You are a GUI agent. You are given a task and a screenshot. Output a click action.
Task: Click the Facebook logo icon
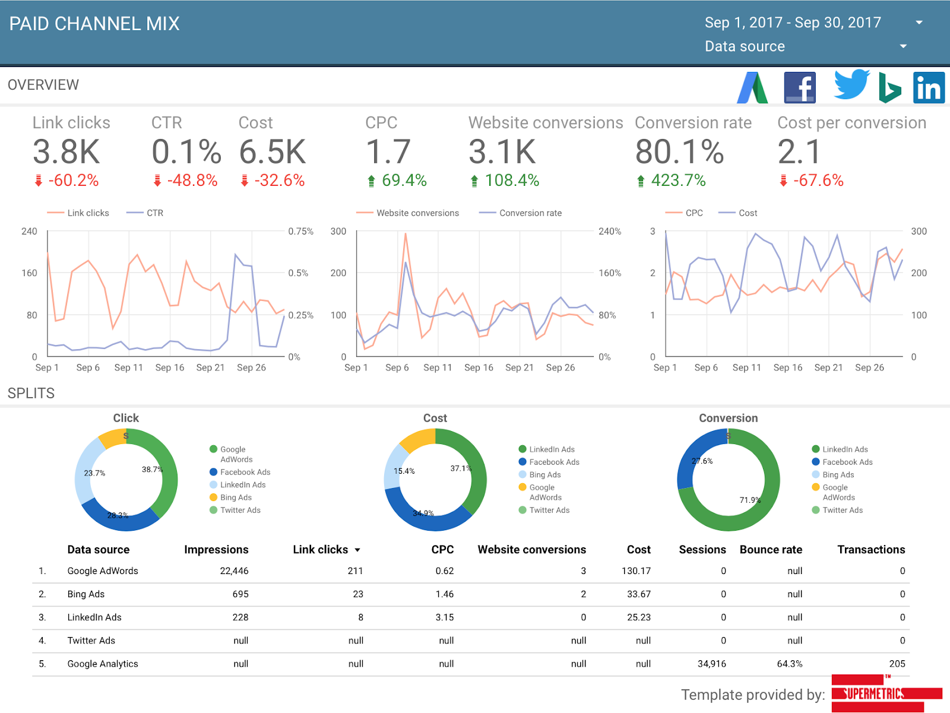pos(800,87)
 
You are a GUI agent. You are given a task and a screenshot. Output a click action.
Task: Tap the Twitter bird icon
pos(851,84)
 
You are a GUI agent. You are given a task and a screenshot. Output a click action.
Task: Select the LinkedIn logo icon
pos(929,87)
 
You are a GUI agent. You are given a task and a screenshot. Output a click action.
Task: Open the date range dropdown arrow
pos(919,22)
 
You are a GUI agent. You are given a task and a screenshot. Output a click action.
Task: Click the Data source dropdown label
pos(745,46)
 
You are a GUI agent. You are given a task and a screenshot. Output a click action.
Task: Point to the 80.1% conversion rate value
pos(679,152)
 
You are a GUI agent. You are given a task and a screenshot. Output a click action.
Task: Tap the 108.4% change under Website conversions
pos(505,180)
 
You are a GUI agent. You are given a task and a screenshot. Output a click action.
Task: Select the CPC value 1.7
pos(388,152)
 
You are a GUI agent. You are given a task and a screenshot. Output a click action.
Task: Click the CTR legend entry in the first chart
pos(145,213)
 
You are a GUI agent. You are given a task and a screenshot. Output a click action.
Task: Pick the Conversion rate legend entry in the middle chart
pos(521,213)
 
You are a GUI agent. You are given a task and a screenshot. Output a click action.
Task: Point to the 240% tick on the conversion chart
pos(610,232)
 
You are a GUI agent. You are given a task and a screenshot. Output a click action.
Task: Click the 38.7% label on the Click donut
pos(153,470)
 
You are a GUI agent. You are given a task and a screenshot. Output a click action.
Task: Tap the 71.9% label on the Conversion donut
pos(750,500)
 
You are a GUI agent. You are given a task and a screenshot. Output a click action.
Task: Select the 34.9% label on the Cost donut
pos(423,513)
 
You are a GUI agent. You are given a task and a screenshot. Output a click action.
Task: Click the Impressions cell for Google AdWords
pos(234,571)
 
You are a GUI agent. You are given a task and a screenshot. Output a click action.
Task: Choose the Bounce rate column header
pos(771,550)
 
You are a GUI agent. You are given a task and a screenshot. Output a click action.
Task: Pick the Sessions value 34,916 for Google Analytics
pos(711,664)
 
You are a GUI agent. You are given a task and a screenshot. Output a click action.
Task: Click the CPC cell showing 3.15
pos(445,617)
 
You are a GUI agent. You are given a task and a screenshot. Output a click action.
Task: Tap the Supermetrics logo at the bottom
pos(886,693)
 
